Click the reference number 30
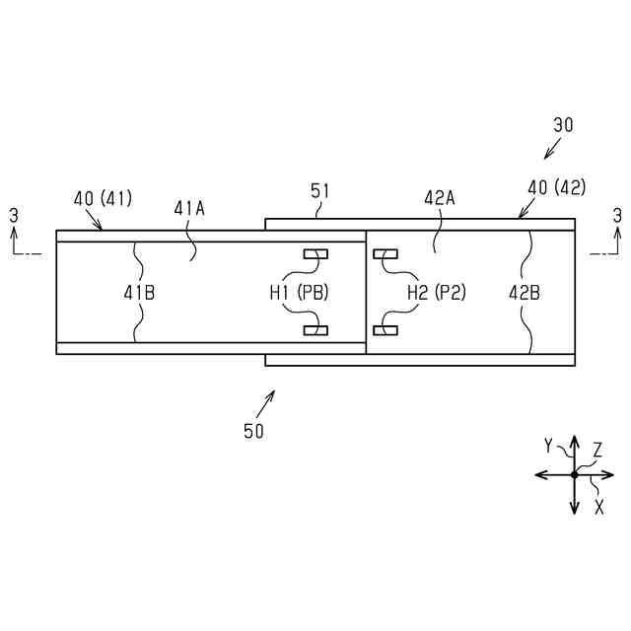click(563, 125)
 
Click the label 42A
click(440, 197)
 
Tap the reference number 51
click(320, 191)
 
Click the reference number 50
click(253, 431)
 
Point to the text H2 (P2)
click(437, 292)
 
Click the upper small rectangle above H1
click(315, 254)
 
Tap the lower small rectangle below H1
click(315, 329)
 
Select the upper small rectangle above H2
click(385, 254)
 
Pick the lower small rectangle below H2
click(385, 329)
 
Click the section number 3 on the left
click(13, 214)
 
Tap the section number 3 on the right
click(617, 214)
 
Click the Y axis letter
click(548, 446)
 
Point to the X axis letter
click(598, 507)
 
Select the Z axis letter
click(597, 450)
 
